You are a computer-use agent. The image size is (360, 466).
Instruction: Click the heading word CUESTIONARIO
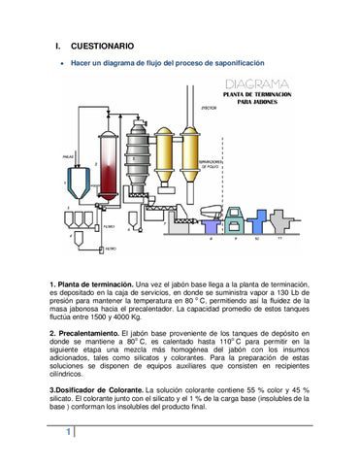[x=102, y=46]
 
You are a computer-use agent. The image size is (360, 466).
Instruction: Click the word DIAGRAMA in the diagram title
[x=256, y=84]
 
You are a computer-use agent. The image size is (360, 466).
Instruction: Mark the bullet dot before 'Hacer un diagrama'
[x=62, y=64]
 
